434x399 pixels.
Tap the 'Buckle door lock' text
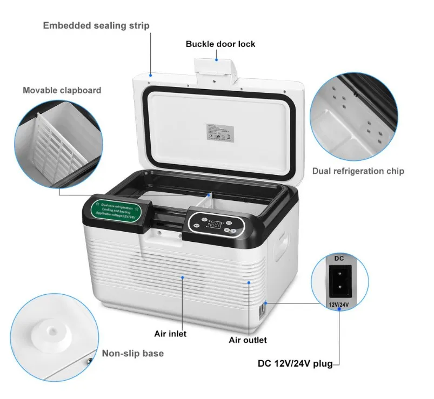pyautogui.click(x=221, y=44)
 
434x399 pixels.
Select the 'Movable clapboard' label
pyautogui.click(x=62, y=90)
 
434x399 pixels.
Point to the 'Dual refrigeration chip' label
pyautogui.click(x=358, y=171)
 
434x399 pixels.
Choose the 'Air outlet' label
pyautogui.click(x=248, y=340)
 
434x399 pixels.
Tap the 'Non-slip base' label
pyautogui.click(x=133, y=354)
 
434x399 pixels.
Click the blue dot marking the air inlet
pyautogui.click(x=183, y=278)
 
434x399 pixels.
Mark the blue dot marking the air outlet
pyautogui.click(x=249, y=282)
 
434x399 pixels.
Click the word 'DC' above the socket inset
pyautogui.click(x=339, y=259)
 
